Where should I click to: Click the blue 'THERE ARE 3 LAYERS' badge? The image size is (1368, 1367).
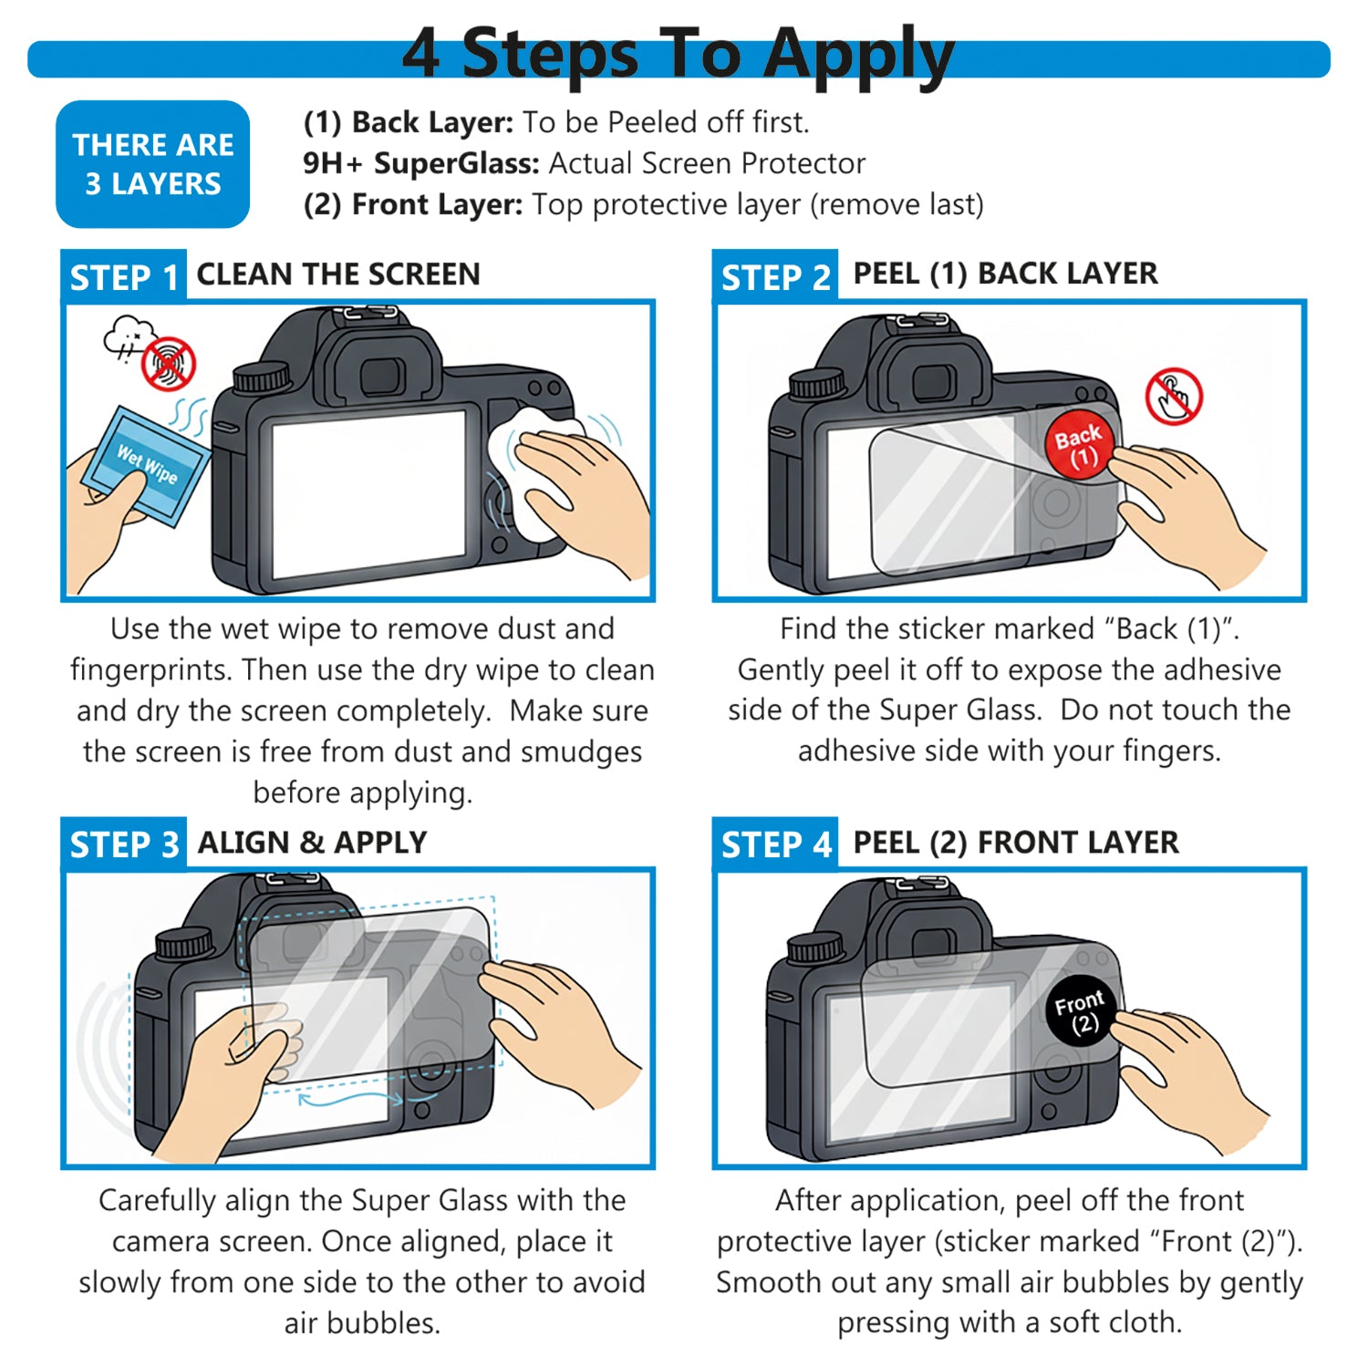point(152,164)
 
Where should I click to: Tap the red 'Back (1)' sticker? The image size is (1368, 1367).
point(1080,444)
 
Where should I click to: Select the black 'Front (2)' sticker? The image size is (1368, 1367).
point(1081,1011)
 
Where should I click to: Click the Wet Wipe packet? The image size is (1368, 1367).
point(146,466)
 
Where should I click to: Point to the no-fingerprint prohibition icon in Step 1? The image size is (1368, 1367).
point(169,363)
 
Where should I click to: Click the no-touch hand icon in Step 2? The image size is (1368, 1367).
point(1174,396)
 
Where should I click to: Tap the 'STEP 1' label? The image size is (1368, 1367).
point(124,277)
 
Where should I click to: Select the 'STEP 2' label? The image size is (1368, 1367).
point(775,277)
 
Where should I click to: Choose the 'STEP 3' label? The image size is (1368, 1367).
point(124,844)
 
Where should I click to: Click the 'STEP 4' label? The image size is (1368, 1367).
point(775,844)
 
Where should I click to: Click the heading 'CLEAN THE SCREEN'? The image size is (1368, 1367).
point(338,274)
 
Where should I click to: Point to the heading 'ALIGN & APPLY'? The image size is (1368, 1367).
point(312,843)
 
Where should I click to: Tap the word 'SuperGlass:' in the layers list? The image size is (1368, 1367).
point(457,163)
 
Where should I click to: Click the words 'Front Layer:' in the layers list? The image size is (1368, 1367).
point(437,204)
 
